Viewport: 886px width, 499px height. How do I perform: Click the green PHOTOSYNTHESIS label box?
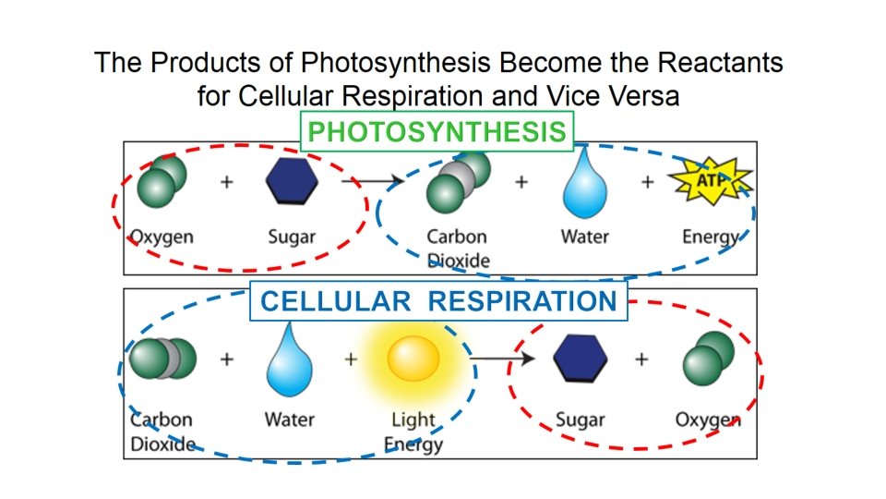pos(437,132)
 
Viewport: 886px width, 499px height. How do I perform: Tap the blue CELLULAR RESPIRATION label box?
pos(438,301)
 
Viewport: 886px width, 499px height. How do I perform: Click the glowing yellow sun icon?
pos(413,359)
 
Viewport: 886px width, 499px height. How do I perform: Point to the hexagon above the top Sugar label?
pos(292,181)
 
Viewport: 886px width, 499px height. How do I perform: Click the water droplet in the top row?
pos(584,185)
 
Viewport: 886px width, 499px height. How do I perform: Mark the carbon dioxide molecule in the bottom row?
pos(162,359)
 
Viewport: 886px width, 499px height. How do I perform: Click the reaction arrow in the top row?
pos(369,182)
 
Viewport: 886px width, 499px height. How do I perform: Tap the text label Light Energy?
pos(413,432)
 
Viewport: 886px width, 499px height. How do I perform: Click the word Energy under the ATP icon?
pos(711,237)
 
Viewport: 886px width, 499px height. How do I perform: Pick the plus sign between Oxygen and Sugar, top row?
pos(227,182)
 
